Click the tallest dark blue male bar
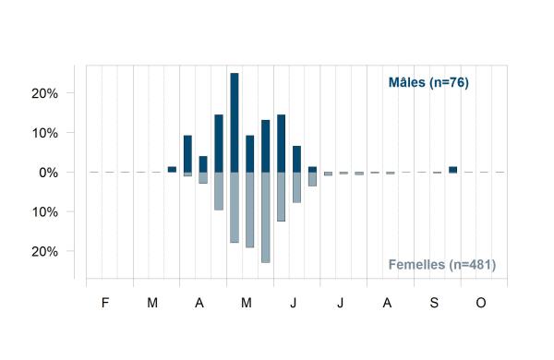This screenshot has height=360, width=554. click(235, 123)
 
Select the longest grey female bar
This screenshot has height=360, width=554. click(266, 217)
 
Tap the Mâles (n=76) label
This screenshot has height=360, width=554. click(428, 82)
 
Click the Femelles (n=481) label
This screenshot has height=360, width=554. click(442, 264)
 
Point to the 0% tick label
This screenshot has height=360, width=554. click(49, 173)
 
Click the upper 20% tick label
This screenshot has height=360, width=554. click(45, 93)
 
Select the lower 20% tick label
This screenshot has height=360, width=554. click(45, 252)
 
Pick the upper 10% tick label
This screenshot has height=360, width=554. click(45, 133)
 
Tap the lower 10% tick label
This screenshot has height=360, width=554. click(45, 212)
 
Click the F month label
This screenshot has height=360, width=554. click(105, 303)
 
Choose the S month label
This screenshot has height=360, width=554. click(434, 303)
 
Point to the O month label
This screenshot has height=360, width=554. click(481, 303)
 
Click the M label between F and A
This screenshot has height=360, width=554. click(152, 303)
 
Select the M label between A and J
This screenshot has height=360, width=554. click(247, 303)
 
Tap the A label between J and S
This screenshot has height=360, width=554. click(387, 303)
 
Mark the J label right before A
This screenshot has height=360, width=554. click(340, 303)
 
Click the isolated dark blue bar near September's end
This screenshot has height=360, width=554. click(453, 170)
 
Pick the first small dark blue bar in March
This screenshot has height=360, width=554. click(172, 170)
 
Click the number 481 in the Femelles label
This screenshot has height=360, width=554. click(480, 264)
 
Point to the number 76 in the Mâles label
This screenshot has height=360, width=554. click(457, 82)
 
